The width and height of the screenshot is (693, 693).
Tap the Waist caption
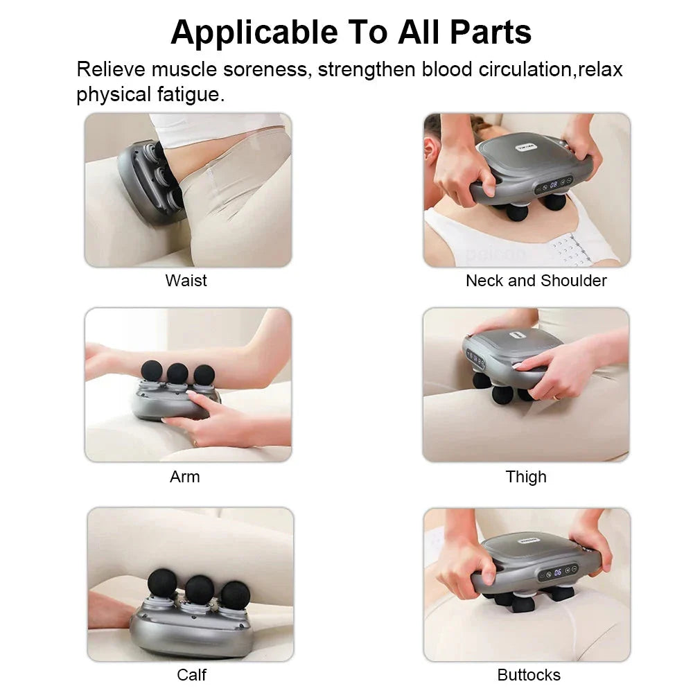coord(186,281)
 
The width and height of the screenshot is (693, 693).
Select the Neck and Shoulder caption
coord(536,281)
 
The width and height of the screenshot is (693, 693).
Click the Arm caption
coord(184,477)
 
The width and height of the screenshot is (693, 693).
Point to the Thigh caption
coord(526,477)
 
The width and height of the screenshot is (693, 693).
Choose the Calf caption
coord(191,674)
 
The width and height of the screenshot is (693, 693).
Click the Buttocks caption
coord(529,674)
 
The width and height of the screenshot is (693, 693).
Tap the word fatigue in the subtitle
coord(185,94)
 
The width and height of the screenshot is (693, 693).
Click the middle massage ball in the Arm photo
coord(177,372)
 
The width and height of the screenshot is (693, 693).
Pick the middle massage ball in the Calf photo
coord(199,588)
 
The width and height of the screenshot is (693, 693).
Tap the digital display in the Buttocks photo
coord(558,572)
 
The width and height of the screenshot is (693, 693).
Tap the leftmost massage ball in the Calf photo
coord(163,585)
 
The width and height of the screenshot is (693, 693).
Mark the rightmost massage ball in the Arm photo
coord(204,375)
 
